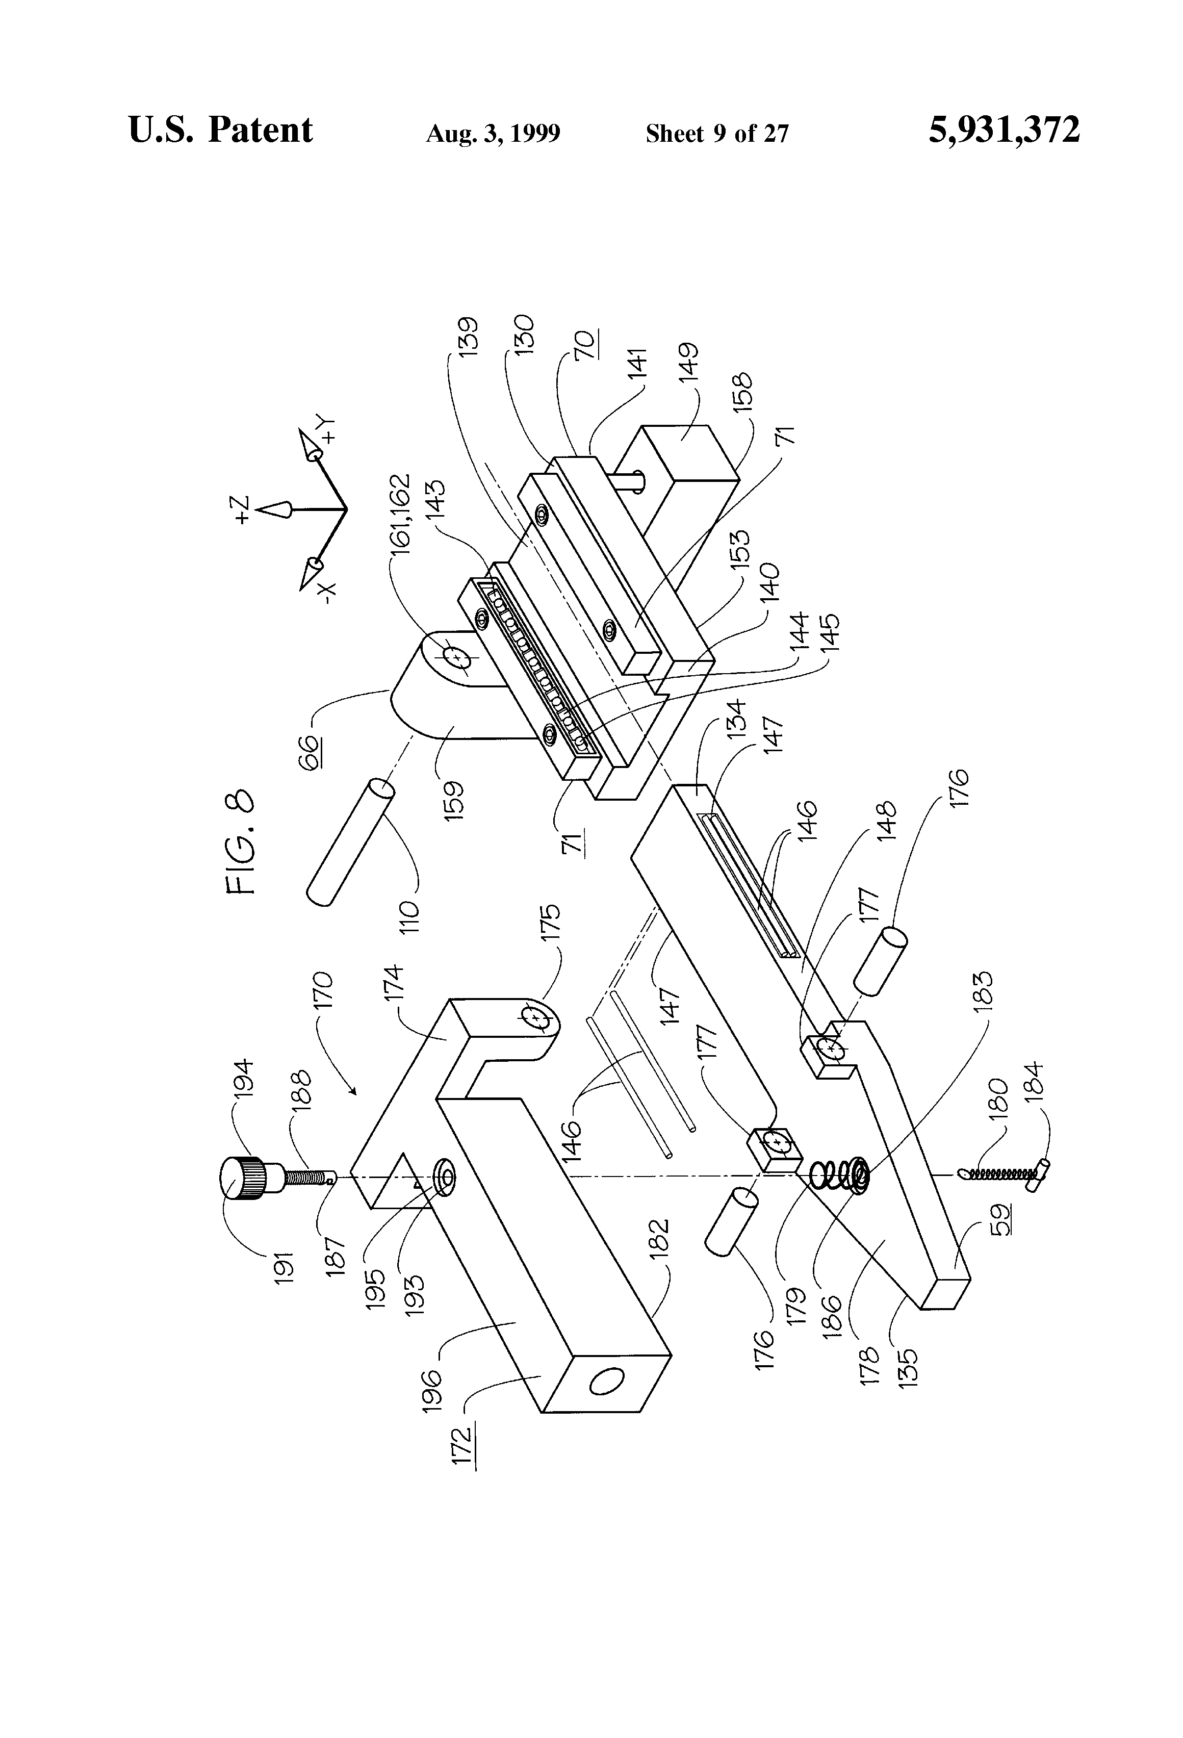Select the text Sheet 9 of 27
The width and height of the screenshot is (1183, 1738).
716,134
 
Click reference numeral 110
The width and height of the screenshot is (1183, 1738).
410,915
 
